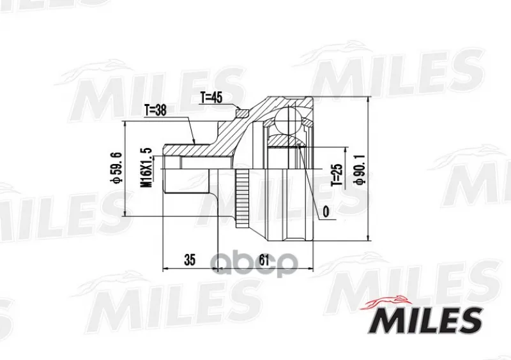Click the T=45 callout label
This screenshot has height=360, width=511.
211,98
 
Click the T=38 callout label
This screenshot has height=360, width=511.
155,110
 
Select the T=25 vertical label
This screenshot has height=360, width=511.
337,175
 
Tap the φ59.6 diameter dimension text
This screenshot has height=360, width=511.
116,168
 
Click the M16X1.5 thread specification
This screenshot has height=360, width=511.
147,167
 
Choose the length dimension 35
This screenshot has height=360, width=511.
190,260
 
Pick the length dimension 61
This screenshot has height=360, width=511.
264,260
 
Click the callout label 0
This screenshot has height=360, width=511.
326,212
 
